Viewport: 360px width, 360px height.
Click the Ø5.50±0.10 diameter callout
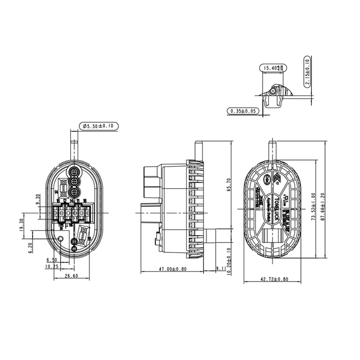tap(98, 126)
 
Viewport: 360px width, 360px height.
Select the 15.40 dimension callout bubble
tap(274, 68)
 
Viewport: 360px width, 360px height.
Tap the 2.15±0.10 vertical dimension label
tap(308, 72)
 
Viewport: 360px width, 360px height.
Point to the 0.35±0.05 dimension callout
tap(243, 111)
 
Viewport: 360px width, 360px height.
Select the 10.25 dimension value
tap(51, 266)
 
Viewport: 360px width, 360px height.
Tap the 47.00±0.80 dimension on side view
tap(171, 269)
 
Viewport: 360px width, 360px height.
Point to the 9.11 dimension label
tap(220, 269)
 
